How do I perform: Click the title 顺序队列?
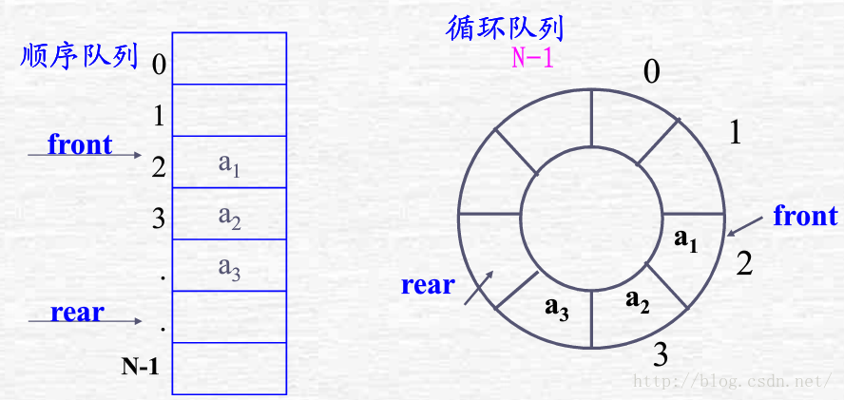click(79, 57)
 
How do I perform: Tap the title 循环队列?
click(505, 28)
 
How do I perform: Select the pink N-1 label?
click(532, 58)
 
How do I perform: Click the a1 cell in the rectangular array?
click(229, 162)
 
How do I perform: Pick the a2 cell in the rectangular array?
click(229, 213)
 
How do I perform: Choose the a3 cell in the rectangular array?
click(229, 265)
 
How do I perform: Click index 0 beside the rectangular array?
click(159, 65)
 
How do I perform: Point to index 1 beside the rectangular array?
click(159, 116)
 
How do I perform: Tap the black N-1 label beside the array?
click(140, 367)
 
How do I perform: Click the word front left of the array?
click(80, 143)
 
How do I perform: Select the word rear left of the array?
click(78, 313)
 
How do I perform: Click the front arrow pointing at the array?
click(85, 156)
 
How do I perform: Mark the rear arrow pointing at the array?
click(85, 322)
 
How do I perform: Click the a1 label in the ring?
click(686, 239)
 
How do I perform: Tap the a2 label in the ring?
click(638, 302)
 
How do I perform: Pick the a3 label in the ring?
click(557, 308)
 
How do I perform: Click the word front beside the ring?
click(806, 216)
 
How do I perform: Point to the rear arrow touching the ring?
click(478, 288)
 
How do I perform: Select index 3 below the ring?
click(661, 355)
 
